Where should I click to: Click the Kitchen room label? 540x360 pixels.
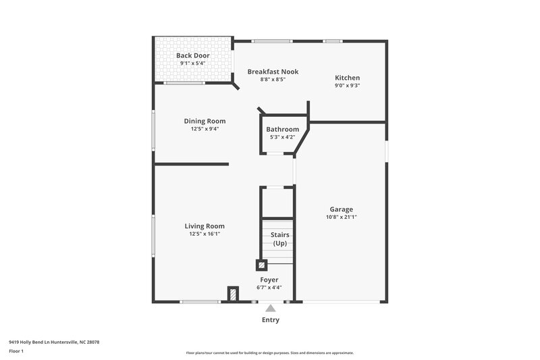click(347, 78)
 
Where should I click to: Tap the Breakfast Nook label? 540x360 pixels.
click(273, 72)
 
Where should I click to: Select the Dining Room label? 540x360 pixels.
click(205, 121)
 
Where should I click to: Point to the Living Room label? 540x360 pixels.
click(205, 226)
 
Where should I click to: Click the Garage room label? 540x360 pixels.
click(341, 209)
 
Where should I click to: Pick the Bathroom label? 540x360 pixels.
click(282, 129)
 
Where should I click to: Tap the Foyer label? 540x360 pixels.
click(269, 280)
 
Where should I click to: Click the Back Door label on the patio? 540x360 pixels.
click(192, 55)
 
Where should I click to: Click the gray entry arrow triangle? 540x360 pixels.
click(270, 307)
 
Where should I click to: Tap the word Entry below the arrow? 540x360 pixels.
click(270, 320)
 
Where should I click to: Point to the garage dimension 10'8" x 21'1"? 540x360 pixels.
click(341, 217)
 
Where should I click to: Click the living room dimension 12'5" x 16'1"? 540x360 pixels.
click(205, 234)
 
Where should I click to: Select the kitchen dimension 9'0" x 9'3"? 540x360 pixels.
click(347, 86)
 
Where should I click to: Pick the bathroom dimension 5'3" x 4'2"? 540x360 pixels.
click(282, 137)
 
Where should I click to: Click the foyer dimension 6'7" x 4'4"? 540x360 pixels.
click(269, 288)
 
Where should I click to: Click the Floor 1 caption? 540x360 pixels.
click(17, 351)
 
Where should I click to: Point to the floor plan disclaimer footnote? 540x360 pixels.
click(269, 353)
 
